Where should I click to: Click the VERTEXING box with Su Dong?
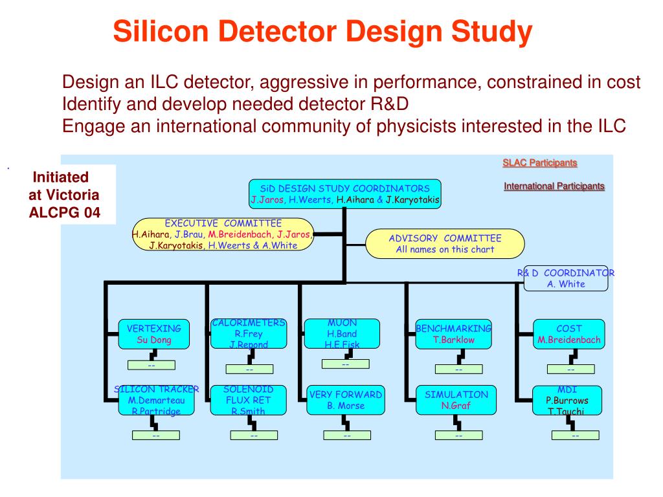153,334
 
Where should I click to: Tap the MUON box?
342,334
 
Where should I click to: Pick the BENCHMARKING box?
454,334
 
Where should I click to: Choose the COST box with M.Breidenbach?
568,334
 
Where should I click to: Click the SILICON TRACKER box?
156,400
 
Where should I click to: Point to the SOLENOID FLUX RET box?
249,400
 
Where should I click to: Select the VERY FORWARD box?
345,400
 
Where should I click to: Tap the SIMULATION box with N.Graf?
456,400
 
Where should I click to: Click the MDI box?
567,400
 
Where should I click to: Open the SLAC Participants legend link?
539,162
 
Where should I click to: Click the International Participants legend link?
554,186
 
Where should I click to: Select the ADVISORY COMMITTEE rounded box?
445,243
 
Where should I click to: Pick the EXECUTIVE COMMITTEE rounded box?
223,234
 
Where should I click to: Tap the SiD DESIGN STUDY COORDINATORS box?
344,194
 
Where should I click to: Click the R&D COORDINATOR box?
565,279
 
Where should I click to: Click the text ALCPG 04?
65,212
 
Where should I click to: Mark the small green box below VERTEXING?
152,365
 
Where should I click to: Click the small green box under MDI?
576,436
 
